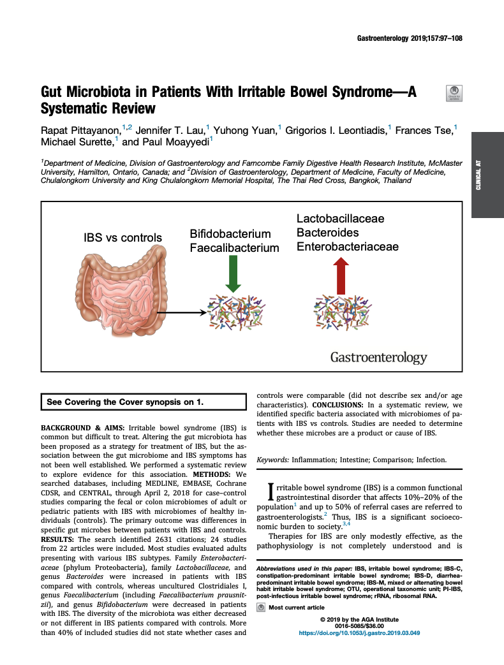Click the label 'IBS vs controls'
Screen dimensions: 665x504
click(x=122, y=238)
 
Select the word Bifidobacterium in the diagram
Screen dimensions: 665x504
click(x=230, y=234)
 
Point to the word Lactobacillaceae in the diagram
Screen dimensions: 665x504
click(x=340, y=219)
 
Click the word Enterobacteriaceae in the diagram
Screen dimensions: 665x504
click(x=348, y=247)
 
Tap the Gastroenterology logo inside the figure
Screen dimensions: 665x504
click(x=378, y=358)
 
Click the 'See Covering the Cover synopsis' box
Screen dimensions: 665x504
click(x=144, y=402)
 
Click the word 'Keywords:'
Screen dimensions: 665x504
click(x=272, y=460)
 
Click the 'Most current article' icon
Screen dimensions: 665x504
click(x=260, y=608)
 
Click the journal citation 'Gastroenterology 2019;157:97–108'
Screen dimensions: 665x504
click(x=408, y=39)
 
